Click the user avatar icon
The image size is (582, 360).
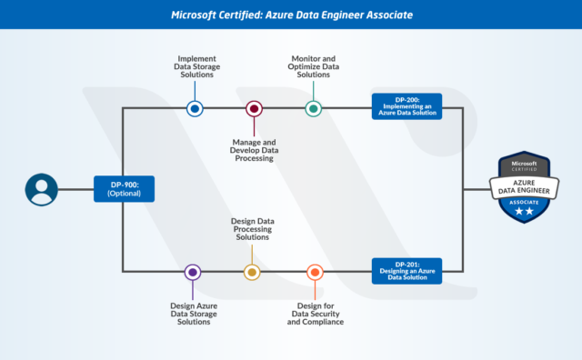point(41,190)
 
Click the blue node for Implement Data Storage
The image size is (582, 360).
point(195,108)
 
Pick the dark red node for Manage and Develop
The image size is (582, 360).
point(254,108)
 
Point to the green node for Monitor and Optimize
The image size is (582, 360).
point(313,108)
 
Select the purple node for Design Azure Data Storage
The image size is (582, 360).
point(193,272)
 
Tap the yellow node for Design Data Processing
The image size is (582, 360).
point(252,272)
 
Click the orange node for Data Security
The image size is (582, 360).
point(315,272)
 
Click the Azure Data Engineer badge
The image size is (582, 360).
point(525,188)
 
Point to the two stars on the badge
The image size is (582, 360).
point(525,211)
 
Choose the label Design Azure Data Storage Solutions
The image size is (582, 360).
point(194,313)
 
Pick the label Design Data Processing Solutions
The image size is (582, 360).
point(253,228)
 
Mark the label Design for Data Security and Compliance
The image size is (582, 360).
point(315,313)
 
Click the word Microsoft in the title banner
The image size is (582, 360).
point(197,15)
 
